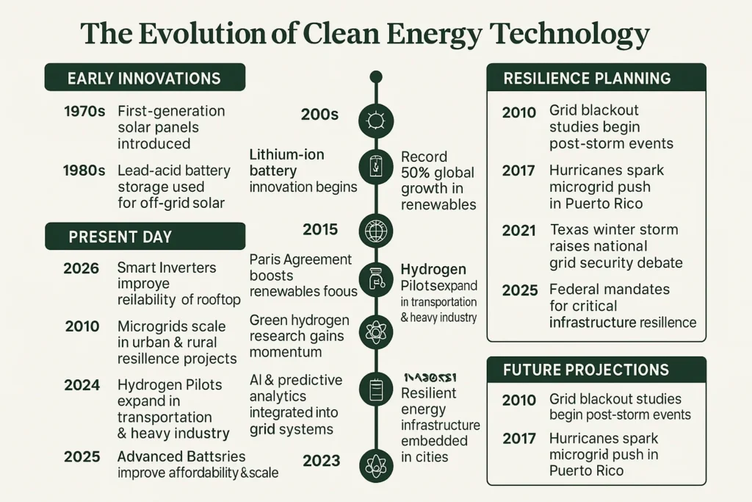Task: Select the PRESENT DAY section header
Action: (x=120, y=237)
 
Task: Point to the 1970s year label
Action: (x=85, y=112)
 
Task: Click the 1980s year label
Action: (x=85, y=171)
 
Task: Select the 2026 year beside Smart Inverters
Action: (x=82, y=268)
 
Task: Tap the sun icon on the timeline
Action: (x=376, y=119)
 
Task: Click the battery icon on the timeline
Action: (x=376, y=166)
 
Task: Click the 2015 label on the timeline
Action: (x=320, y=229)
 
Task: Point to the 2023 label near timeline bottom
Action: (x=321, y=461)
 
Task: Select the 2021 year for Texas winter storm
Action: (x=520, y=230)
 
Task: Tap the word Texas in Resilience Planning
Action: (x=570, y=230)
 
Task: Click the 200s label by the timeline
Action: (x=319, y=115)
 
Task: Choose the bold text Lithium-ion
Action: (x=286, y=155)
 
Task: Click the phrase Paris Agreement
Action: (x=301, y=259)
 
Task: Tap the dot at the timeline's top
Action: (x=376, y=76)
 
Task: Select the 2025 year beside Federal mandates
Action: (x=520, y=290)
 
